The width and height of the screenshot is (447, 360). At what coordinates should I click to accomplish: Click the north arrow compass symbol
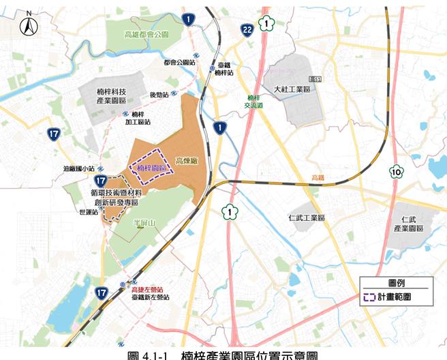pyautogui.click(x=29, y=26)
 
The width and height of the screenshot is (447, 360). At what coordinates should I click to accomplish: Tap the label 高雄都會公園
pyautogui.click(x=147, y=33)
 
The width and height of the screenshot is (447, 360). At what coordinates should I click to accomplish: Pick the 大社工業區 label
pyautogui.click(x=292, y=89)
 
